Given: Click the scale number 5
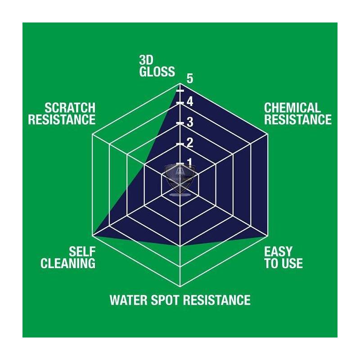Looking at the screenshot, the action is [190, 78].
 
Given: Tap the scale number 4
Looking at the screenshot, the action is [190, 102].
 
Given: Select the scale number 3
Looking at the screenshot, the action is [190, 122].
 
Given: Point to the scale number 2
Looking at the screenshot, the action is [190, 143].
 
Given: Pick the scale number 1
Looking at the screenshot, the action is [189, 162].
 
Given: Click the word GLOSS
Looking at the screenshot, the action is [157, 72].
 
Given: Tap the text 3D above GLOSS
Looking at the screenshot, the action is [146, 60].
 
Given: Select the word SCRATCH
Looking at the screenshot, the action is [70, 108].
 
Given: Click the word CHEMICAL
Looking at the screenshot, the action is [292, 108].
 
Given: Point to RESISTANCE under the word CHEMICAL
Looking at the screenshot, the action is [298, 120].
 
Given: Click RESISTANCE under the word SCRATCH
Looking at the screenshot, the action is [62, 120].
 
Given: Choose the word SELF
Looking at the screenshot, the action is [82, 252].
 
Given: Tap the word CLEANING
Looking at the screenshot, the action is [68, 263].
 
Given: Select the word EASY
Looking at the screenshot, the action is [278, 252].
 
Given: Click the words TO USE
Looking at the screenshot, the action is [283, 263].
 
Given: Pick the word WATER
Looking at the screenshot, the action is [129, 300].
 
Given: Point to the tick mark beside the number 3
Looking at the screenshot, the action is [180, 123].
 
